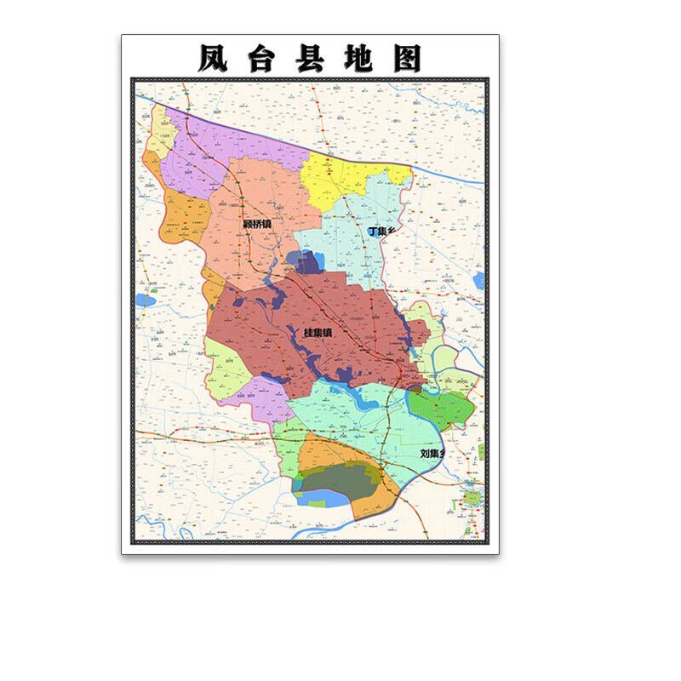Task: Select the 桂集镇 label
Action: click(x=318, y=332)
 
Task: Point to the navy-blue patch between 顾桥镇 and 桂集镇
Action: click(x=305, y=261)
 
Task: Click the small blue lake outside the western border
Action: click(x=145, y=300)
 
